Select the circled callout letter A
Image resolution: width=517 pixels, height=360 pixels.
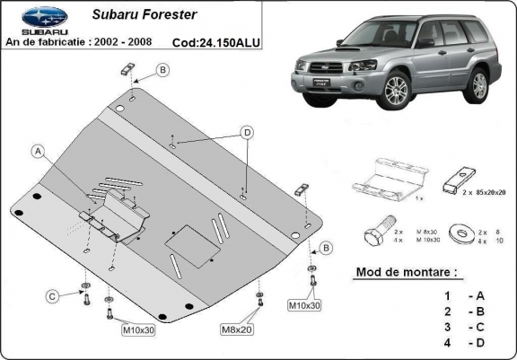[x=39, y=151]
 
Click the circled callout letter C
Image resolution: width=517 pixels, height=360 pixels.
[x=53, y=295]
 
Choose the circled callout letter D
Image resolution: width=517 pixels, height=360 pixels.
[x=245, y=133]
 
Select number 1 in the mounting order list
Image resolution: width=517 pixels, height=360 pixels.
[x=446, y=294]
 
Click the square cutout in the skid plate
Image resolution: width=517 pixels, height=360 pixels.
[x=183, y=238]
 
